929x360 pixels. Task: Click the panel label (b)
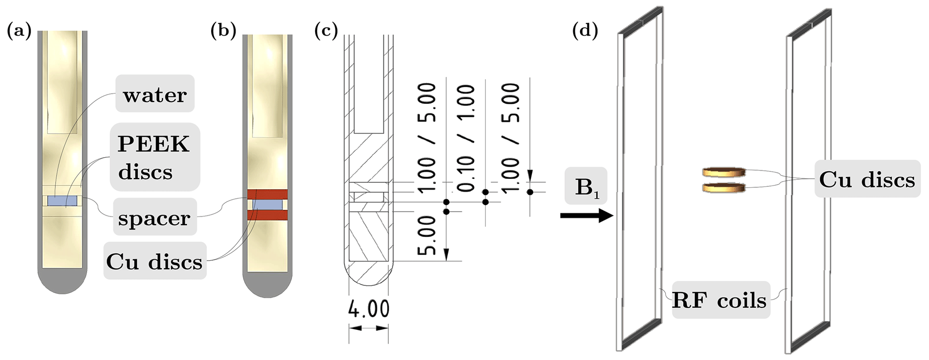click(x=223, y=31)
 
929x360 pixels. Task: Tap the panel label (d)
click(x=585, y=31)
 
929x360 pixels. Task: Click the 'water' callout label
click(x=155, y=94)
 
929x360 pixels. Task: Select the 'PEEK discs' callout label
click(x=154, y=157)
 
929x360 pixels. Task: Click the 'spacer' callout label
click(x=155, y=218)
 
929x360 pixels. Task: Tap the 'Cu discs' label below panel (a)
click(x=154, y=261)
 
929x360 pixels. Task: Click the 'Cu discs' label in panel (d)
click(x=867, y=180)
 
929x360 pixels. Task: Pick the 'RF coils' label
click(x=719, y=300)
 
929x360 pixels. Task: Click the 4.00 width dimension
click(x=369, y=309)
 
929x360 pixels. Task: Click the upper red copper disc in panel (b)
click(x=267, y=195)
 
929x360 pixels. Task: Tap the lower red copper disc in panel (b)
click(x=267, y=215)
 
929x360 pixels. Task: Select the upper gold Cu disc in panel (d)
click(x=724, y=172)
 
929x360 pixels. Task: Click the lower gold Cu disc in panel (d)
click(x=724, y=187)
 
